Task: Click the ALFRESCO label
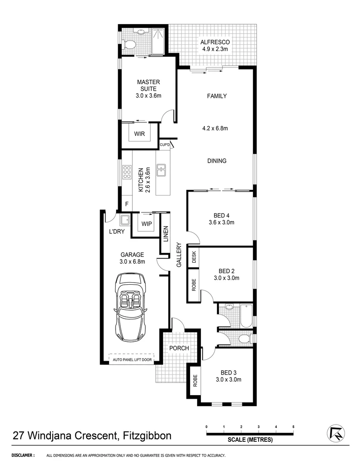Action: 215,42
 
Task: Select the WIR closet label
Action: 139,134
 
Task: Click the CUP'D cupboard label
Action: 165,145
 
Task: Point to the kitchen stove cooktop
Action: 127,172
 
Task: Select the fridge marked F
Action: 127,204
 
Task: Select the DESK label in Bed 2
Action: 194,258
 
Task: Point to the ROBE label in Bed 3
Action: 195,381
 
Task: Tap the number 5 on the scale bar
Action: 293,427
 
